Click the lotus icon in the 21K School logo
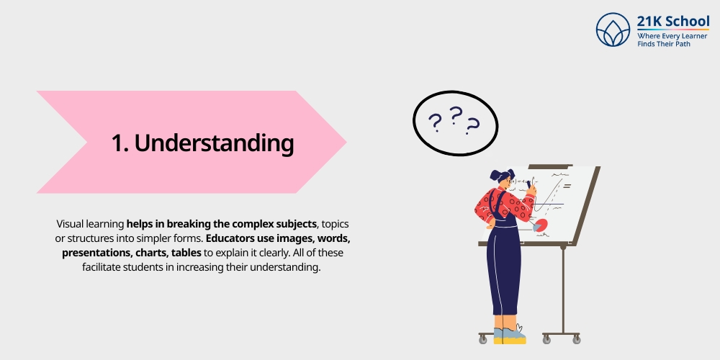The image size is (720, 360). point(613,30)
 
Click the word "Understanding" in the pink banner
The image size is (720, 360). point(214,143)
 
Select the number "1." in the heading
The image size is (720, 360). point(120,143)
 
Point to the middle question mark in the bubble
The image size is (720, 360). point(455,115)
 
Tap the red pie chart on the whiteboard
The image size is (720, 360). point(539,225)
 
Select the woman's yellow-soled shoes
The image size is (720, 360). point(510,336)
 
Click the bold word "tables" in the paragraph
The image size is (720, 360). point(185,253)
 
